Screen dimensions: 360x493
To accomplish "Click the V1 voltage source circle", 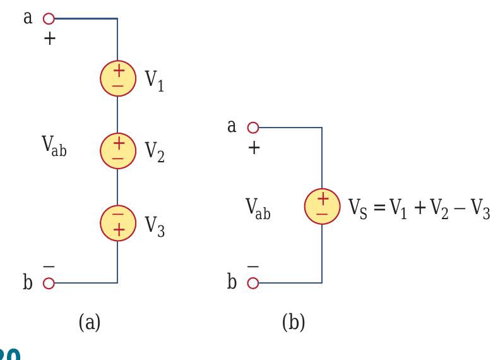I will pyautogui.click(x=117, y=79).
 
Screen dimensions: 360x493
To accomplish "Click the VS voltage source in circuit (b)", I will pyautogui.click(x=322, y=206).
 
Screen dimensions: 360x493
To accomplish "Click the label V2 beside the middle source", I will pyautogui.click(x=155, y=152).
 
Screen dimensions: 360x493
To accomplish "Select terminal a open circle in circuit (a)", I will pyautogui.click(x=48, y=18).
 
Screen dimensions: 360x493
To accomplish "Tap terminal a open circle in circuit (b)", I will pyautogui.click(x=252, y=128).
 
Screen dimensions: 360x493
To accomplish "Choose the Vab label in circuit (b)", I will pyautogui.click(x=258, y=209).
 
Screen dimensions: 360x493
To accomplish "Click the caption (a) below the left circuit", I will pyautogui.click(x=89, y=323).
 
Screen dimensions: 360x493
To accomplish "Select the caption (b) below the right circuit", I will pyautogui.click(x=294, y=323).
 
